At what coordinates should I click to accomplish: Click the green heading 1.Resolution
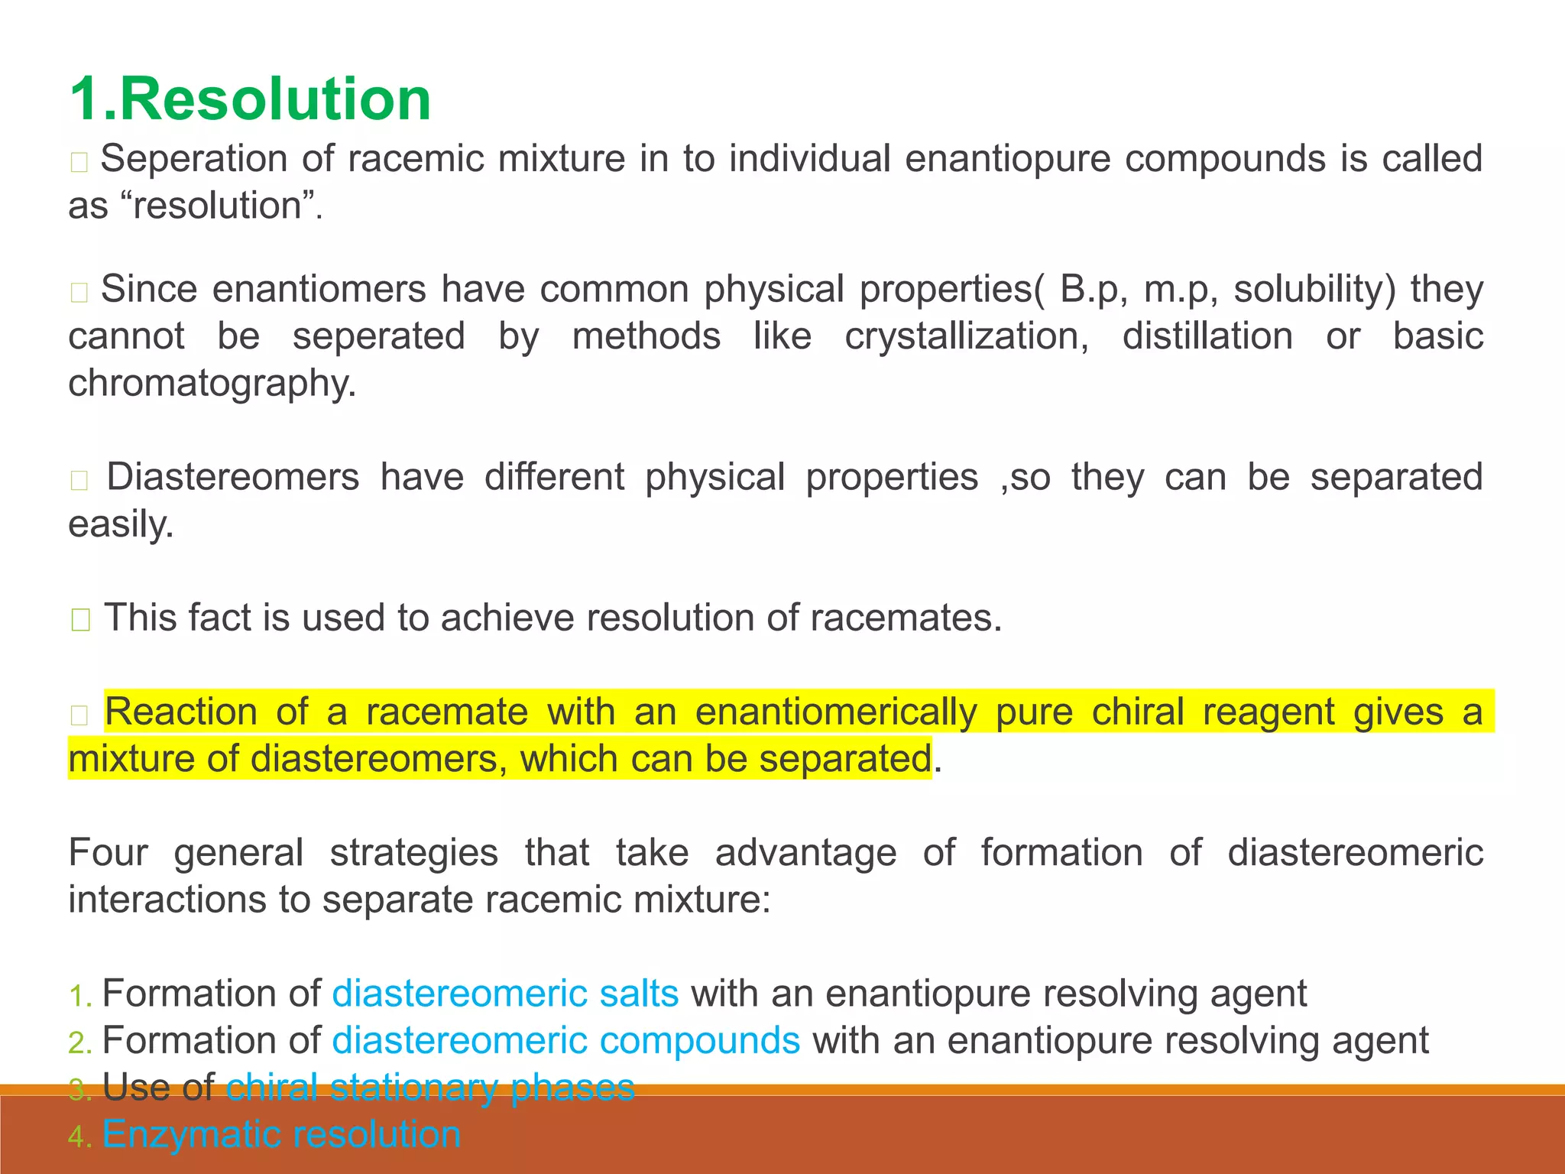250,99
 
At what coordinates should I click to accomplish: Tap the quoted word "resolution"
219,206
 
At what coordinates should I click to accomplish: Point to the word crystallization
966,336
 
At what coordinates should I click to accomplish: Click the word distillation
1207,336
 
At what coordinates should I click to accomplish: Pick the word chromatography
212,383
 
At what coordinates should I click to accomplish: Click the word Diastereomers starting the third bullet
232,477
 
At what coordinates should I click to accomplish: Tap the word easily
121,524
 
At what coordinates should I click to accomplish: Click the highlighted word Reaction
181,712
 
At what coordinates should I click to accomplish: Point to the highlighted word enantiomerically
835,712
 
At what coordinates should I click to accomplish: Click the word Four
108,852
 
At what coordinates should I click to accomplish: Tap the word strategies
413,852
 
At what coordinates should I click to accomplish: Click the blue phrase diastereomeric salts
505,994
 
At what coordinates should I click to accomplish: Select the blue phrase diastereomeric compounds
566,1040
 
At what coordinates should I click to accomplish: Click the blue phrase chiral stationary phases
430,1087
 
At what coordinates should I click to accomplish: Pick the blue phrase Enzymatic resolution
281,1134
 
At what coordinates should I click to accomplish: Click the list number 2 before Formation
79,1043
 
